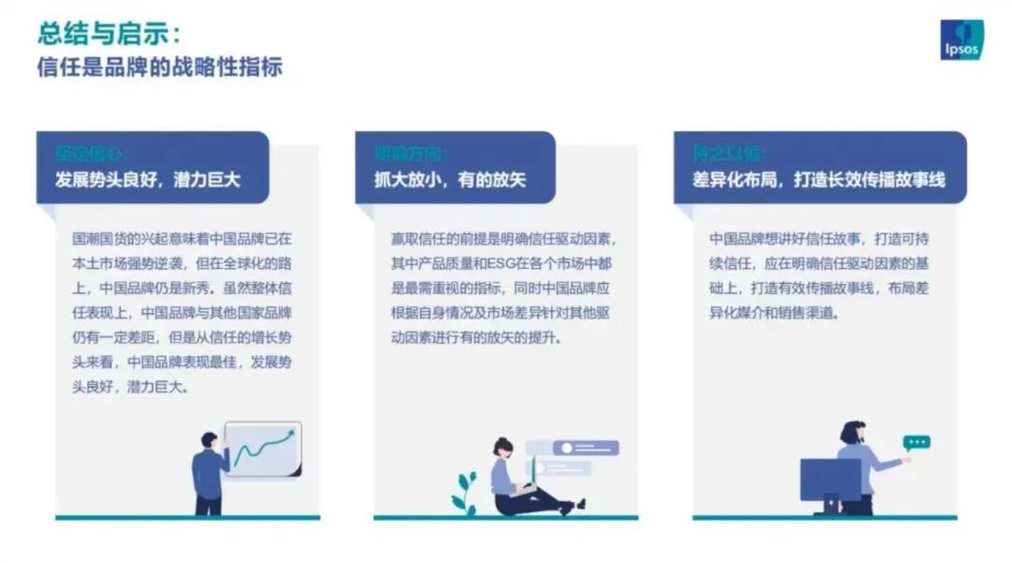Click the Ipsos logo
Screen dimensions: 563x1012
tap(961, 39)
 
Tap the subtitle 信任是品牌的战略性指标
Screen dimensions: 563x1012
tap(159, 67)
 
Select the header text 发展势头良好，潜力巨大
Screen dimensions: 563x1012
tap(148, 180)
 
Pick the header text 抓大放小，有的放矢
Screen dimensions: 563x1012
tap(450, 180)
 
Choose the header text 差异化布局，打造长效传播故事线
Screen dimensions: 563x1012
tap(819, 180)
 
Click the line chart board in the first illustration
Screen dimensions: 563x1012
tap(263, 449)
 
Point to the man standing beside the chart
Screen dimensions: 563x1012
tap(209, 473)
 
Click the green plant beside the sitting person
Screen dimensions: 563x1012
tap(464, 493)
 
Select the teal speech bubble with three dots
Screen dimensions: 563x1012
tap(915, 442)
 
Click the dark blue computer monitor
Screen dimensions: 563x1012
tap(829, 480)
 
